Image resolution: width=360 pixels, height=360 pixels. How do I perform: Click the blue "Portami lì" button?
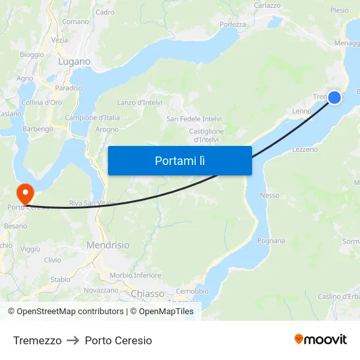click(179, 160)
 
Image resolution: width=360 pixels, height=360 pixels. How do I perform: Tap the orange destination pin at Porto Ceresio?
click(24, 194)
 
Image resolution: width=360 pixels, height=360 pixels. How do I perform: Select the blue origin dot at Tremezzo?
click(334, 98)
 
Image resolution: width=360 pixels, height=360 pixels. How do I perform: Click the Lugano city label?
click(74, 62)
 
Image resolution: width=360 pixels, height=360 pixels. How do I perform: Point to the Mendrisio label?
click(108, 245)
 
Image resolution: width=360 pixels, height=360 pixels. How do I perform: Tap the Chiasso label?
click(148, 294)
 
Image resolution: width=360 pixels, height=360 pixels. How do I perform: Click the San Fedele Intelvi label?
click(194, 119)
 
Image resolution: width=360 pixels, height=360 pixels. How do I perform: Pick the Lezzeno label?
click(304, 149)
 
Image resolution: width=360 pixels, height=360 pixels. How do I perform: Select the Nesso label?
click(269, 195)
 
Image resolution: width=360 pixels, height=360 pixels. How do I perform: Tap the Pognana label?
click(272, 241)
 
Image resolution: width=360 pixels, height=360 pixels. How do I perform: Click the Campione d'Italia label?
click(92, 118)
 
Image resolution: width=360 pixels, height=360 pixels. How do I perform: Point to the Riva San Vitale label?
click(92, 203)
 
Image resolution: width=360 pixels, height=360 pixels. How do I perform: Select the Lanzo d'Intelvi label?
click(139, 103)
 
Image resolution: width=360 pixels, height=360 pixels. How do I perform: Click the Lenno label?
click(302, 111)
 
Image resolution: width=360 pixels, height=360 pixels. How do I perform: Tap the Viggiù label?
click(30, 249)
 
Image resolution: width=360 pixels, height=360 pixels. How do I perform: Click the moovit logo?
click(320, 339)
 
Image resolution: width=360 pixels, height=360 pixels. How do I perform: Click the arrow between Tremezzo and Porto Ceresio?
click(73, 340)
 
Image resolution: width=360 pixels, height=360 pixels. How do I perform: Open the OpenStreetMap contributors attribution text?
click(65, 312)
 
